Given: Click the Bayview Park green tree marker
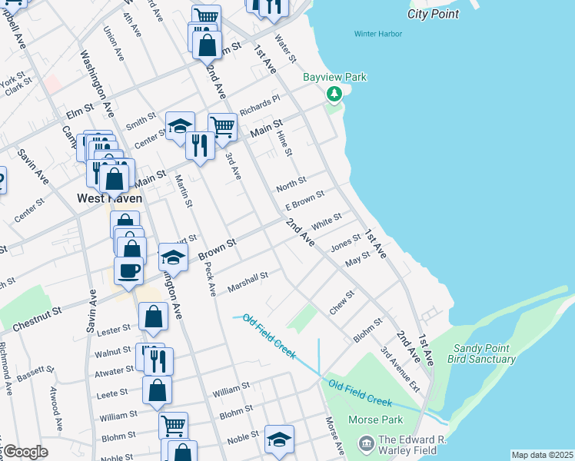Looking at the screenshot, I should coord(334,94).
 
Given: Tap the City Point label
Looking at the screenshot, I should coord(434,14).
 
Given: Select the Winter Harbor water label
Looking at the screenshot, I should coord(378,34).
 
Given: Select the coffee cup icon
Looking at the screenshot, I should coord(128,270).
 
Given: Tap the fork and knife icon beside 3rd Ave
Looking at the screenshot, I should coord(200,144).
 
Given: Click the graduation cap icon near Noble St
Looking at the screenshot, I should coord(280,439).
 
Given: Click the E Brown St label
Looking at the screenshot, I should coord(304,201).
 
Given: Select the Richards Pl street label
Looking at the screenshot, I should coord(260,104).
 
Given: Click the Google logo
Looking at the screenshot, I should coord(25,452).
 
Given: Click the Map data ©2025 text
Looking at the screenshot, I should coord(541,455).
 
